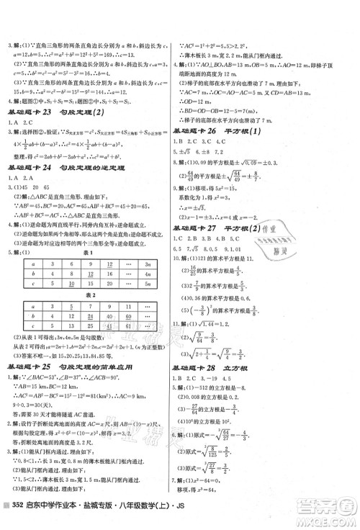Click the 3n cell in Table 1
coord(157,264)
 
